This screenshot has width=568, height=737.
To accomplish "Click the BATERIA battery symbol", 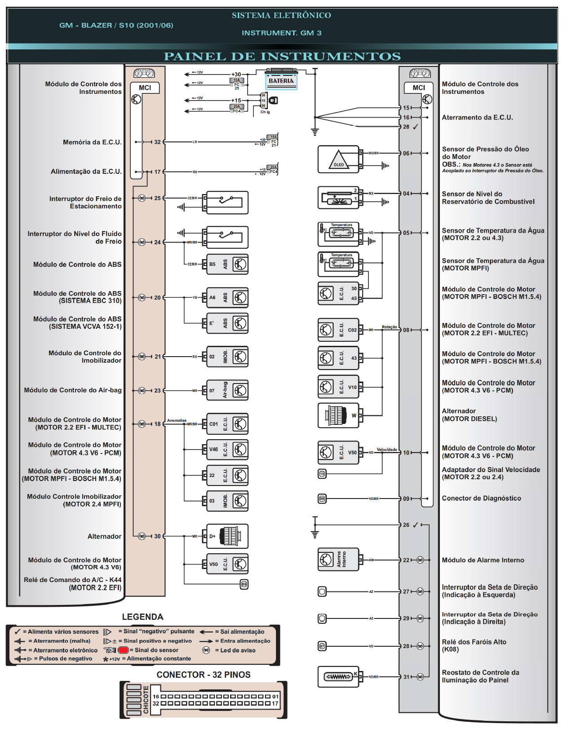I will click(281, 81).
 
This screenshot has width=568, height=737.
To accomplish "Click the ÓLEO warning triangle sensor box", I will click(338, 159).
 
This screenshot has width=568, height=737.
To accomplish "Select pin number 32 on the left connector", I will click(157, 142).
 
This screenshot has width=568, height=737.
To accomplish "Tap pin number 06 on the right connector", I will click(406, 153).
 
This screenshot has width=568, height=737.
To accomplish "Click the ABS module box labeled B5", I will click(227, 264).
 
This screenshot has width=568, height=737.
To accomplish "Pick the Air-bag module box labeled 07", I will click(227, 390).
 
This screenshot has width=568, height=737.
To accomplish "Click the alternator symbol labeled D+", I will click(227, 536).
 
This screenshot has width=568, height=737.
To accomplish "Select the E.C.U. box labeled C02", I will click(338, 330).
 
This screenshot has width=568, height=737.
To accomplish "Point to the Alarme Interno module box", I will click(338, 560).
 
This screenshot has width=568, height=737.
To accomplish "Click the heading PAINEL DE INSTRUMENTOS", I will click(282, 57).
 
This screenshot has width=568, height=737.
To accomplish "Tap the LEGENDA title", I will click(142, 617).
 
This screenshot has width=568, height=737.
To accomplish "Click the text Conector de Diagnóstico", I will click(481, 498).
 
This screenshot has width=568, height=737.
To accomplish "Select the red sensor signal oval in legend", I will click(124, 650).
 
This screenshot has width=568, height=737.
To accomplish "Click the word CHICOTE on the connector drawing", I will click(146, 699).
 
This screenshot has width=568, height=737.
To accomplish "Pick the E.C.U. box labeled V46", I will click(227, 449).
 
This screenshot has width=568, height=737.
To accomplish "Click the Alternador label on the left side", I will click(104, 536).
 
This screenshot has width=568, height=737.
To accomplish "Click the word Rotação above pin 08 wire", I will click(389, 327).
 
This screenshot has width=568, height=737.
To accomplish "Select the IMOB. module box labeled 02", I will click(227, 357).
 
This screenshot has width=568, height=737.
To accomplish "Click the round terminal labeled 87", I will click(322, 646).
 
